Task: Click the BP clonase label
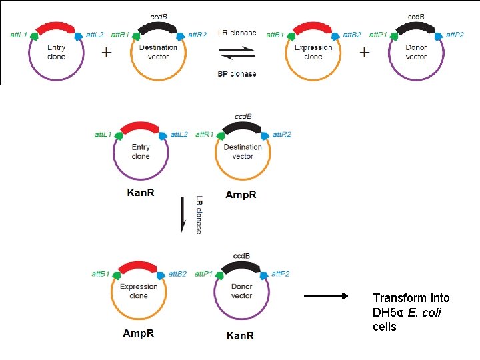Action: coord(237,73)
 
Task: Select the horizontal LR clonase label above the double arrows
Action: coord(237,33)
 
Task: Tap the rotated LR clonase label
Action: coord(199,214)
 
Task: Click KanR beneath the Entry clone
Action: coord(141,193)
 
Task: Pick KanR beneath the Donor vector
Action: coord(241,336)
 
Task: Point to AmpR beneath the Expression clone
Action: coord(139,333)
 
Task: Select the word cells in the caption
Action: coord(385,327)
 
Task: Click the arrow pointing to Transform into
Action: coord(326,297)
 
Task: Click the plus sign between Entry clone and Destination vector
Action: coord(107,53)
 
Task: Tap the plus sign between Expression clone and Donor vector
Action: coord(364,52)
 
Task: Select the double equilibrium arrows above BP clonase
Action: coord(237,52)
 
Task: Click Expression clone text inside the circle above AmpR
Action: coord(139,291)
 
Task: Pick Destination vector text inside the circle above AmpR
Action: coord(243,151)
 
